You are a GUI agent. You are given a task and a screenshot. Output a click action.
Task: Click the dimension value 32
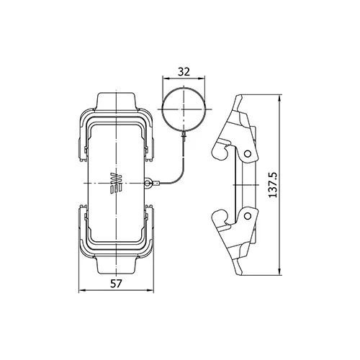[x=184, y=72]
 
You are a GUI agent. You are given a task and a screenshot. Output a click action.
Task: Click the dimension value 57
[x=116, y=284]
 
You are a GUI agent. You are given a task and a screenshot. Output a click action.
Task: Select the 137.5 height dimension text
[x=273, y=185]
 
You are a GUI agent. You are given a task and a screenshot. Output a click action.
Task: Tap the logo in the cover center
[x=116, y=183]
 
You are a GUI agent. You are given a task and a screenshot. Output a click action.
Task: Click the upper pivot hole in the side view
[x=248, y=153]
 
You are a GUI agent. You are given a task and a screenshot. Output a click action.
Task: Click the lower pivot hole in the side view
[x=248, y=216]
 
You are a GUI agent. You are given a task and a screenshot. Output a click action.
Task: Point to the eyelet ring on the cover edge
[x=148, y=184]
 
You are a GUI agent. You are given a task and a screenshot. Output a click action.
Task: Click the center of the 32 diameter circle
[x=184, y=109]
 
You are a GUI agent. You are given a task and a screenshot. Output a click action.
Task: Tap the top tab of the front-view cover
[x=116, y=102]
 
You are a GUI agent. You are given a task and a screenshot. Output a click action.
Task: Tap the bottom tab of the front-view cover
[x=116, y=264]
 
